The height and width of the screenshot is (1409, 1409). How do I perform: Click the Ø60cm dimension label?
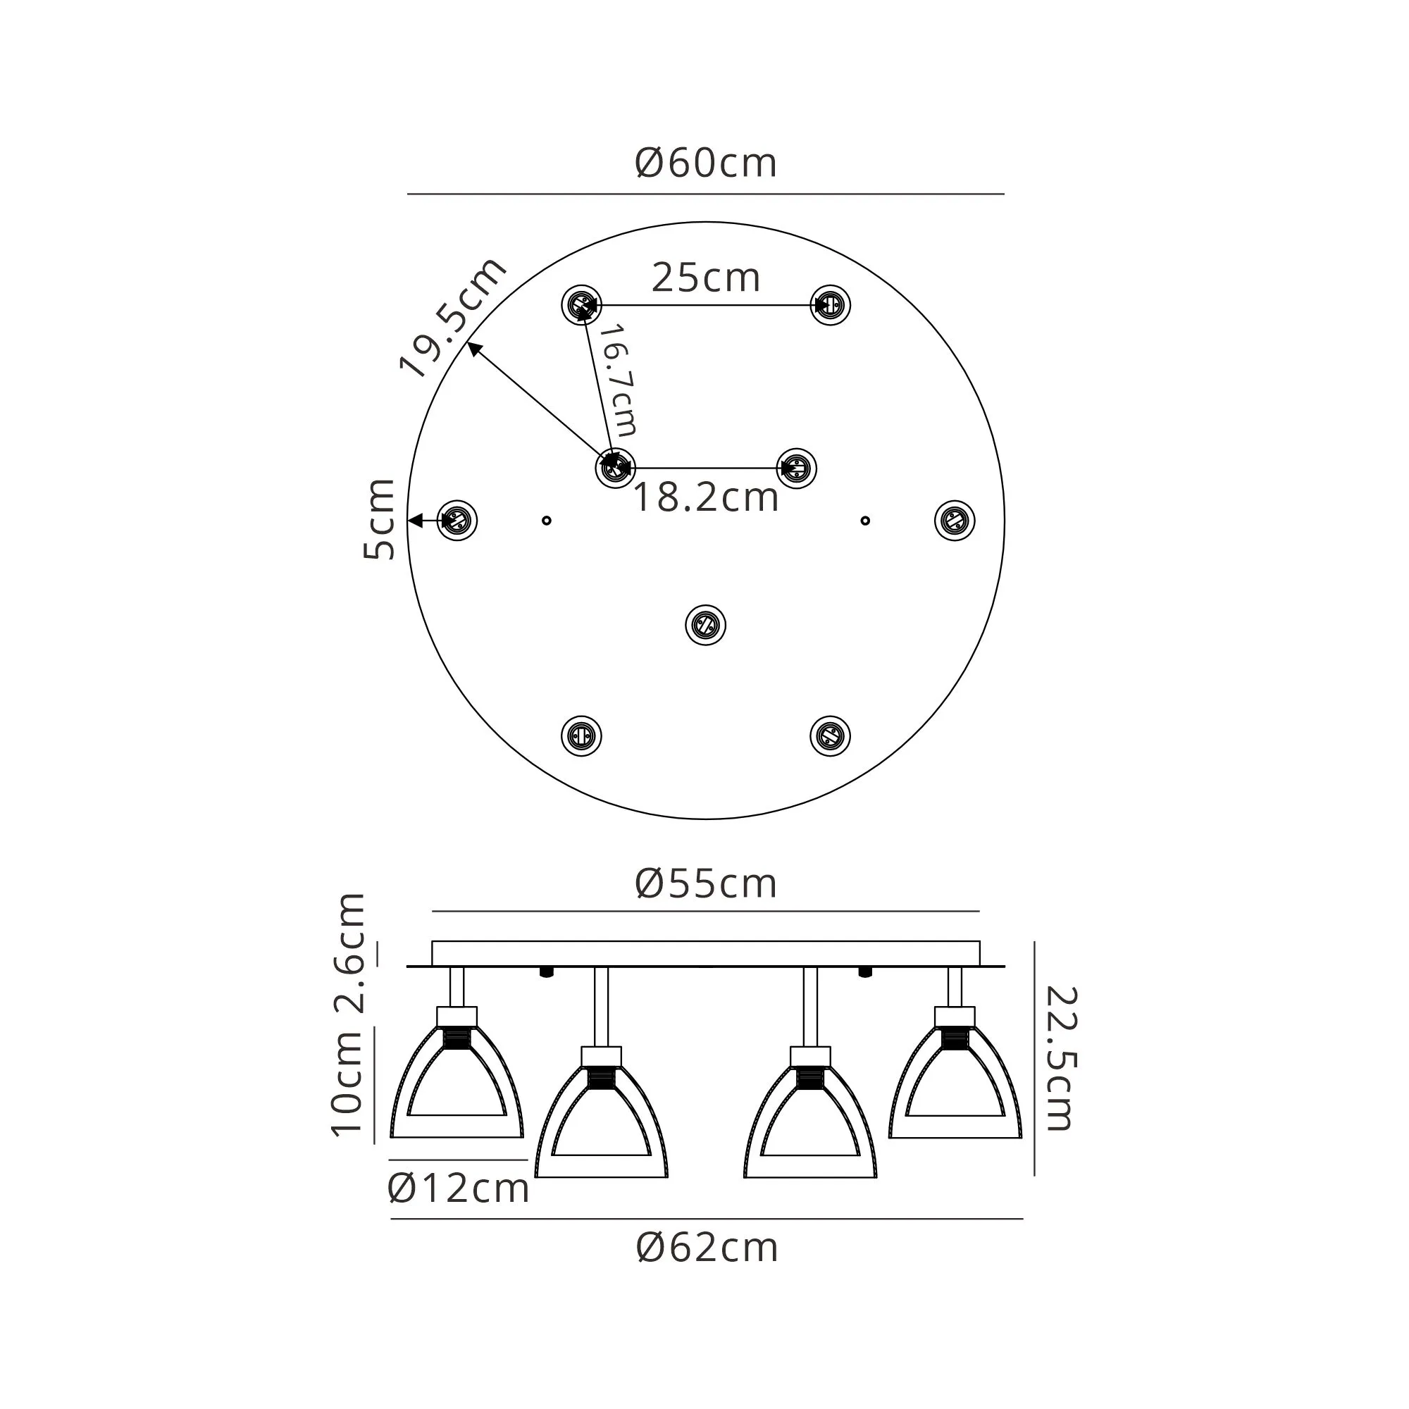click(705, 163)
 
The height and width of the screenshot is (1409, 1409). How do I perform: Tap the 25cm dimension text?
click(706, 278)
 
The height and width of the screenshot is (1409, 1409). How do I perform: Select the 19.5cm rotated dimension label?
click(453, 318)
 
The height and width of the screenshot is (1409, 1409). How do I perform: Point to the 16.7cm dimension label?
click(619, 380)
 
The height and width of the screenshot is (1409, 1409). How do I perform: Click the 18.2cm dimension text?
click(706, 498)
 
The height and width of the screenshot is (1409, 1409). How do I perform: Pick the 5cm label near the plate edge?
click(378, 519)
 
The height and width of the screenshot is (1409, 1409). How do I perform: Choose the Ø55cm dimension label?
click(705, 884)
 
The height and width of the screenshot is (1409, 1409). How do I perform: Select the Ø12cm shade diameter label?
click(458, 1188)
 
